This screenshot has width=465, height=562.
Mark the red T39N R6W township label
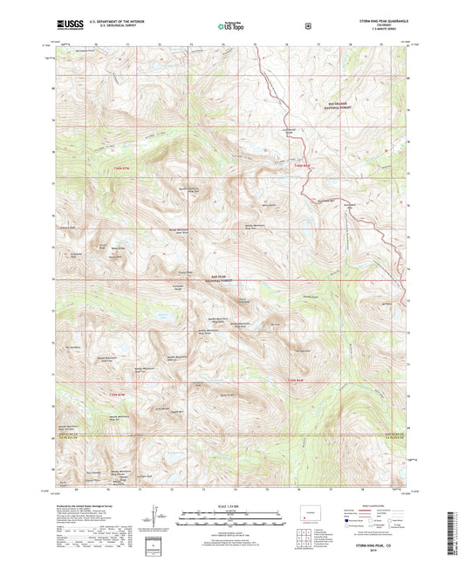pos(297,380)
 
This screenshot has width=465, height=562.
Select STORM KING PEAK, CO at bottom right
pos(375,545)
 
